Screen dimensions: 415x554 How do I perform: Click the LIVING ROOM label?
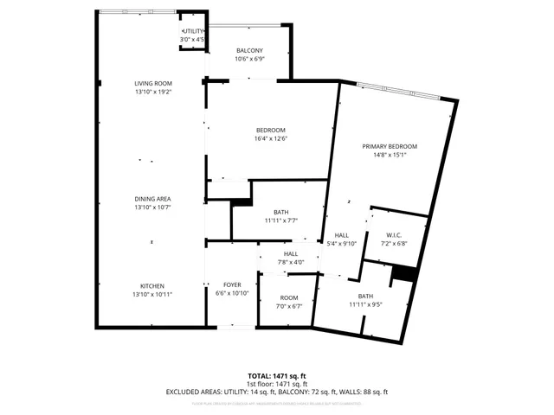[x=152, y=83]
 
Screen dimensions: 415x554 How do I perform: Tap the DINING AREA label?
[x=152, y=199]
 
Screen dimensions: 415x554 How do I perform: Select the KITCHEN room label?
[x=152, y=286]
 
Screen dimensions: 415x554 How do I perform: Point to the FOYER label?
[x=232, y=284]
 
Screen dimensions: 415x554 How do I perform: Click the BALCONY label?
[x=248, y=51]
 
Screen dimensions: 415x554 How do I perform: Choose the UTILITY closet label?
[x=191, y=31]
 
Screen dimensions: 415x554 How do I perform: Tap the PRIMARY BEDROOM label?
[x=390, y=147]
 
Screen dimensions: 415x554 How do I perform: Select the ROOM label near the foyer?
[x=288, y=297]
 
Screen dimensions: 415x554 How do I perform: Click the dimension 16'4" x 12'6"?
[x=270, y=138]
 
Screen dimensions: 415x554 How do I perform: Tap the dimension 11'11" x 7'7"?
[x=281, y=220]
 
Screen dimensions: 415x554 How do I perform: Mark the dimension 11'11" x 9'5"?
[x=366, y=304]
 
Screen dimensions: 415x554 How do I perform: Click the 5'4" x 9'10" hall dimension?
[x=342, y=244]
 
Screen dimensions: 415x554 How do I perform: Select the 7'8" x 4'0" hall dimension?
[x=291, y=262]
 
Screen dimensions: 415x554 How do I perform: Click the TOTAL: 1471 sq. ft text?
[x=277, y=376]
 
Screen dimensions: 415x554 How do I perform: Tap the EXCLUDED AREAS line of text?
[x=277, y=392]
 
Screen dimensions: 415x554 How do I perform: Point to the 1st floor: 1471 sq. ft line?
[x=277, y=384]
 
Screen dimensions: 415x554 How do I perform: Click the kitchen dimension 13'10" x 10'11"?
[x=152, y=295]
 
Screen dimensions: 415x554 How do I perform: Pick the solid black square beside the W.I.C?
[x=403, y=273]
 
